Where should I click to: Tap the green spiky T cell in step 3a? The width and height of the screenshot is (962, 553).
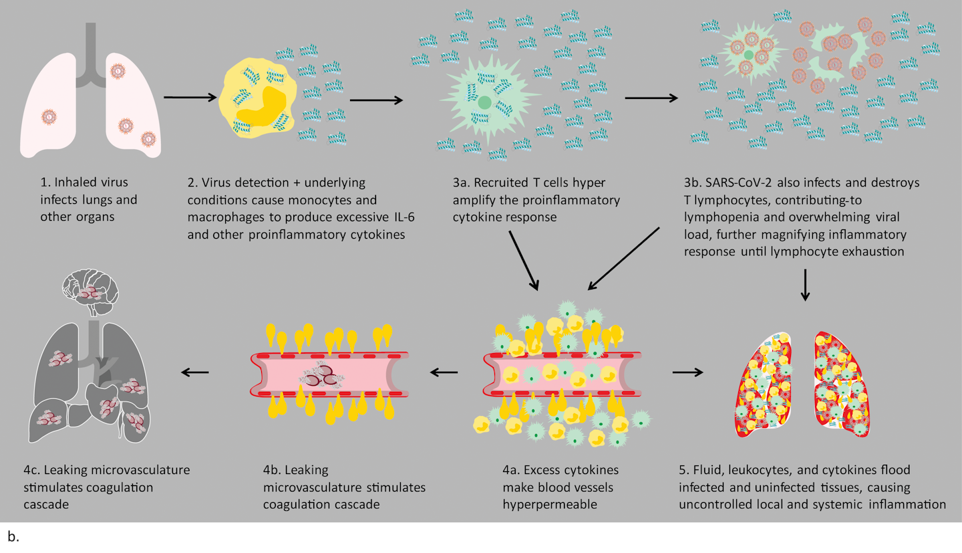(x=484, y=104)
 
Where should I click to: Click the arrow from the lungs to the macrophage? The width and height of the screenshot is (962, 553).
(x=190, y=98)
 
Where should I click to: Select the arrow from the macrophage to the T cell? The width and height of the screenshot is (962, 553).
(x=376, y=101)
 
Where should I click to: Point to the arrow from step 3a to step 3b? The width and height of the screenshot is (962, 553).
(x=651, y=98)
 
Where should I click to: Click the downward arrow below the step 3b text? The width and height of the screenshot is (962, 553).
(x=806, y=285)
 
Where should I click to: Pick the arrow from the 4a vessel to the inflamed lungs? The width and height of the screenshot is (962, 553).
(x=687, y=371)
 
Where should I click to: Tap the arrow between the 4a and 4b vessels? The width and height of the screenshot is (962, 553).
(x=444, y=372)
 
